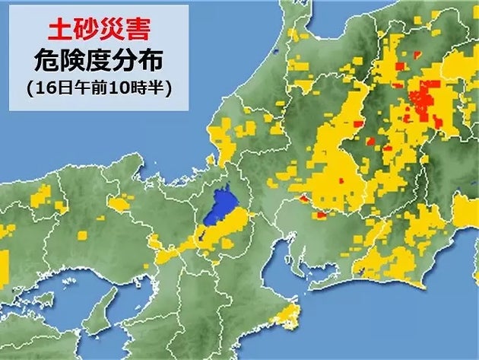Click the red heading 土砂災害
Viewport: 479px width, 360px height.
click(x=99, y=30)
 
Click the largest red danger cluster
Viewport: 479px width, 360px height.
click(x=426, y=103)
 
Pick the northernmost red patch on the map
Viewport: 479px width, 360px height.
click(x=417, y=53)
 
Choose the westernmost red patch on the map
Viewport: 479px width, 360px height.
click(x=303, y=199)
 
